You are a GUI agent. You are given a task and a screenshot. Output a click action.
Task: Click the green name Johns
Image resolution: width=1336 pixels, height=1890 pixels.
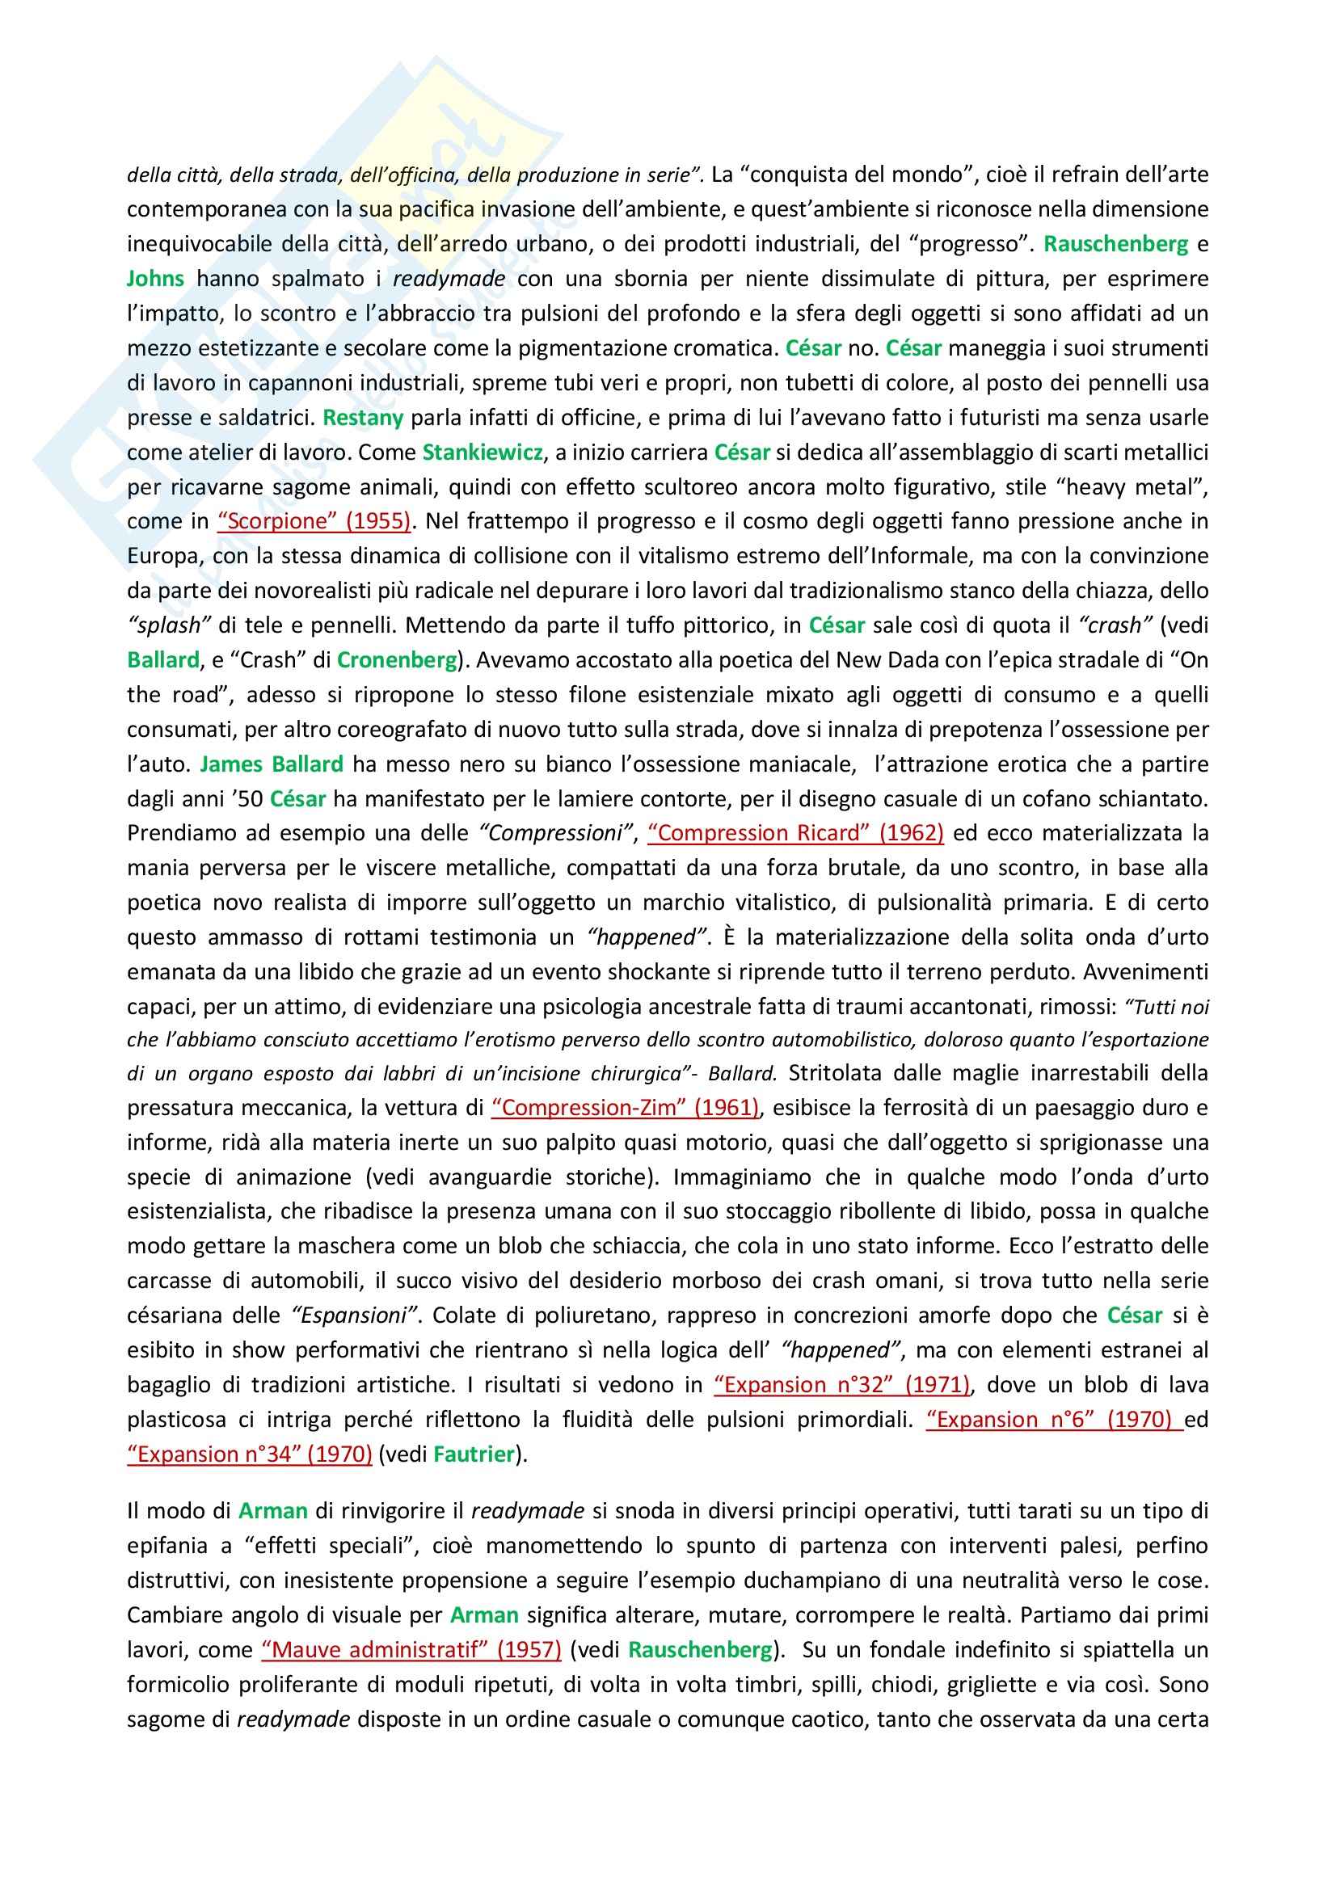pos(155,278)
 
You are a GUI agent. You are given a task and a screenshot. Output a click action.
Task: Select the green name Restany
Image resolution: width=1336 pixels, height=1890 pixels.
pos(362,417)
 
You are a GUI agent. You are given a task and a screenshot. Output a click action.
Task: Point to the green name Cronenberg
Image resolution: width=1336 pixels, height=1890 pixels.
pos(397,660)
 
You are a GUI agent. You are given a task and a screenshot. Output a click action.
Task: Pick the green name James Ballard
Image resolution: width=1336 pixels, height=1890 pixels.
pos(272,764)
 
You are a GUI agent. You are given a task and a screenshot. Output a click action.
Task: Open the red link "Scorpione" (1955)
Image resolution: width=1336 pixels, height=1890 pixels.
pos(314,521)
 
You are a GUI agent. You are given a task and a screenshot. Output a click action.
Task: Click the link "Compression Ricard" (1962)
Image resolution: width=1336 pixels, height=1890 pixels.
pos(795,833)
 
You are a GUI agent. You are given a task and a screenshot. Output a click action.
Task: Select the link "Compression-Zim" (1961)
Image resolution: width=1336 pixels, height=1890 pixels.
pos(626,1107)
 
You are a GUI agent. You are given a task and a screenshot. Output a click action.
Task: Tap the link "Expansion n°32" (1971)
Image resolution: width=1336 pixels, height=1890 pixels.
pos(843,1385)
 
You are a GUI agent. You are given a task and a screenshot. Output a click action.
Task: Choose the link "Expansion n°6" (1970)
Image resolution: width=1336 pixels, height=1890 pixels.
pos(1055,1419)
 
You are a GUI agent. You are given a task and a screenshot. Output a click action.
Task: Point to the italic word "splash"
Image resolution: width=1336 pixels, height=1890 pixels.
pos(165,625)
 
